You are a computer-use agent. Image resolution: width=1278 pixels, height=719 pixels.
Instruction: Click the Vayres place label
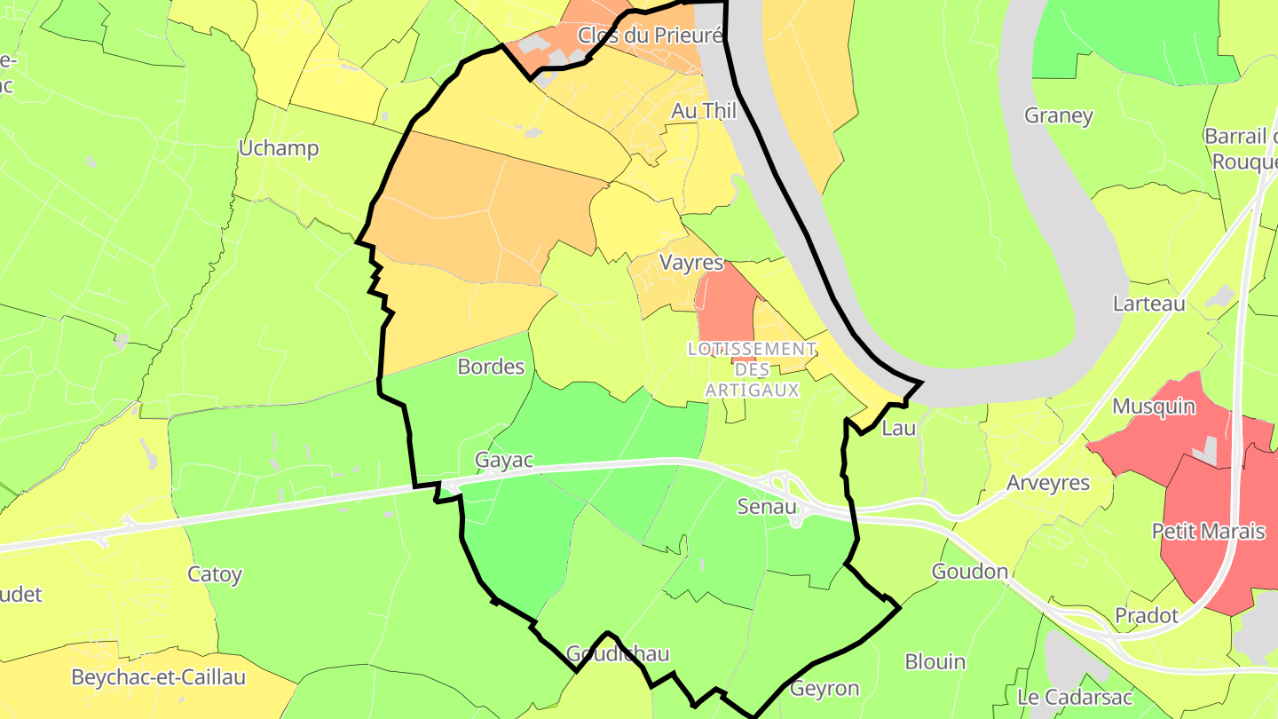pos(691,263)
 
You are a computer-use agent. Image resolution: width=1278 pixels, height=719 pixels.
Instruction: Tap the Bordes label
pos(491,367)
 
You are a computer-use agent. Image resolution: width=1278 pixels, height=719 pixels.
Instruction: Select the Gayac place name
pos(504,461)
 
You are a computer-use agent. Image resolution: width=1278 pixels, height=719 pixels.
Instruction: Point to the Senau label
pos(768,506)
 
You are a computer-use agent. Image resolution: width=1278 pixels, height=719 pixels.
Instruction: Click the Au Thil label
pos(704,111)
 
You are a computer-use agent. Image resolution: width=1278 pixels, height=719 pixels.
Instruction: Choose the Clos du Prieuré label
pos(651,36)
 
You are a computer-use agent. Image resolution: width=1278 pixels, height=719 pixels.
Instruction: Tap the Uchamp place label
pos(279,148)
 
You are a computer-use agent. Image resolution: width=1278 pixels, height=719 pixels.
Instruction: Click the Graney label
pos(1058,115)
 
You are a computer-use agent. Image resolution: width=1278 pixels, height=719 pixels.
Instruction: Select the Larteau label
pos(1148,304)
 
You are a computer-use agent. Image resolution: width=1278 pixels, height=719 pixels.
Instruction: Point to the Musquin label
pos(1154,407)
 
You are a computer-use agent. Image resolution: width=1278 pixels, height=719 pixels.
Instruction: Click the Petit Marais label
pos(1208,531)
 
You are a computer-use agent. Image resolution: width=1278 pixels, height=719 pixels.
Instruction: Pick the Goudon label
pos(970,572)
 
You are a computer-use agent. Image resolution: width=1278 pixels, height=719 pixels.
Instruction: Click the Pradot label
pos(1147,616)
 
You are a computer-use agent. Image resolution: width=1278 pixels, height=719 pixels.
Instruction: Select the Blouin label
pos(935,661)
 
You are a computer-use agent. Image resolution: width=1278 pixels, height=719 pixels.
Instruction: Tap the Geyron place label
pos(824,689)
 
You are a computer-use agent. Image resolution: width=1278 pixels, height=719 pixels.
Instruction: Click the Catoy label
pos(215,574)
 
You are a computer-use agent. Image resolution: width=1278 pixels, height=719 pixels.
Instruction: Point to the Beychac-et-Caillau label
pos(158,677)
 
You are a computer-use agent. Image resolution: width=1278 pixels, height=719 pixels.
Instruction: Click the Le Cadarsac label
pos(1076,697)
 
